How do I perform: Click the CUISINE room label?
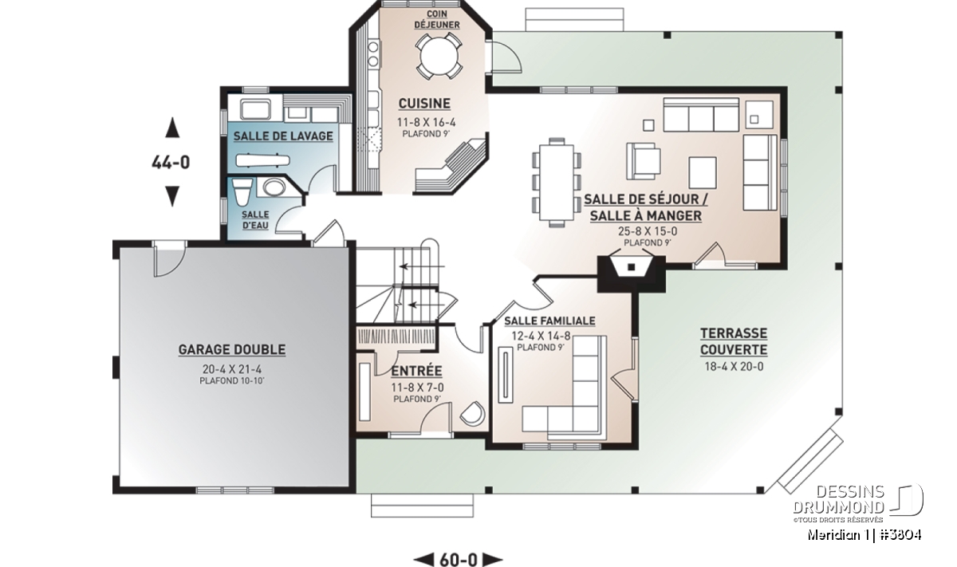point(424,104)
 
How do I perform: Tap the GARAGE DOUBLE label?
point(232,349)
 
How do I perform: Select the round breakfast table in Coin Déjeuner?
point(439,57)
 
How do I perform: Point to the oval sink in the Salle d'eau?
point(274,187)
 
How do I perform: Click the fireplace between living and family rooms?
point(631,274)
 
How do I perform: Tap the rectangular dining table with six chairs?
point(557,183)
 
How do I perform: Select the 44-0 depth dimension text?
point(171,163)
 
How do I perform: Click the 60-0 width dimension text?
point(459,559)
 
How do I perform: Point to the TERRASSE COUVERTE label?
point(734,341)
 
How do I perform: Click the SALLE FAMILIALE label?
point(549,321)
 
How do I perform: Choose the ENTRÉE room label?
point(416,371)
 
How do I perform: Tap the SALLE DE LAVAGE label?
point(283,136)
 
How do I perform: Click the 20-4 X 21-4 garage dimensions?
point(232,369)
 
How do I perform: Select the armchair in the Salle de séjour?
point(644,161)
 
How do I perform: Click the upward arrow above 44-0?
point(172,128)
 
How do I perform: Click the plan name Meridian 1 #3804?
point(864,535)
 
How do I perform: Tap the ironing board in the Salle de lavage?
point(262,160)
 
